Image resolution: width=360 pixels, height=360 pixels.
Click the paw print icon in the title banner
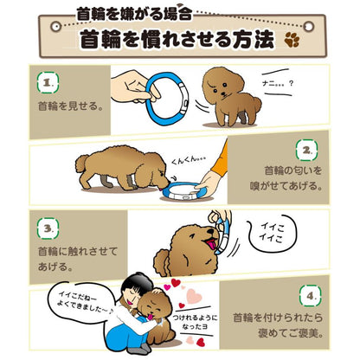[292, 39]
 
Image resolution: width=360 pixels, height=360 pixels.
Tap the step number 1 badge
[48, 82]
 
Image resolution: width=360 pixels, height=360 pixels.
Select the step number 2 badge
[306, 150]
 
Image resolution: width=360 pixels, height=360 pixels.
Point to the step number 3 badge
[48, 228]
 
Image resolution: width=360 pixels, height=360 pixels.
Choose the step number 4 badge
[310, 296]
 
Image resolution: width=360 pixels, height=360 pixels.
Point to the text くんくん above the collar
[189, 161]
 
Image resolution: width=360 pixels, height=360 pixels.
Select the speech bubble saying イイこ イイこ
[273, 235]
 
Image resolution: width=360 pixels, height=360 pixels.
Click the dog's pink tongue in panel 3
[212, 245]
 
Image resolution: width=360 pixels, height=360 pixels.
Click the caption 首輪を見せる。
[71, 106]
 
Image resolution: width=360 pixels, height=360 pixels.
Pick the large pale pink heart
[194, 296]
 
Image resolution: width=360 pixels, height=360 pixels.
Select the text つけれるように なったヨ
[195, 322]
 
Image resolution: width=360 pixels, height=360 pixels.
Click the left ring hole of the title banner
[55, 27]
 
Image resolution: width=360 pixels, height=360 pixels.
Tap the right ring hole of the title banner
[309, 27]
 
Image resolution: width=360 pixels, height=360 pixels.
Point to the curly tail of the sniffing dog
[82, 164]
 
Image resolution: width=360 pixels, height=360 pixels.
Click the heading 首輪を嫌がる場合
[134, 15]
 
